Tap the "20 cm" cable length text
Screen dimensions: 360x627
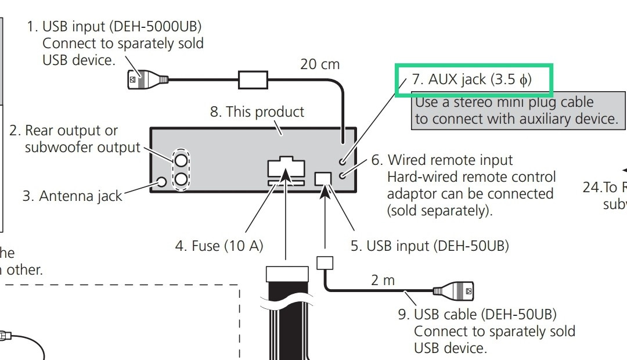click(319, 64)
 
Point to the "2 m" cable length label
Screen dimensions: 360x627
click(383, 280)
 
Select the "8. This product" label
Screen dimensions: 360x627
click(257, 111)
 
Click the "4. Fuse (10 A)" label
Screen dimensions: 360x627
click(219, 246)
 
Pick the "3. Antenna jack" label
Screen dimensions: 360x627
click(72, 196)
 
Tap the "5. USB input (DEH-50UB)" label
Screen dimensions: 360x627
click(430, 246)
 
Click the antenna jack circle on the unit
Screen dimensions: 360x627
click(162, 182)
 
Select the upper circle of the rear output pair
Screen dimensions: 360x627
click(182, 158)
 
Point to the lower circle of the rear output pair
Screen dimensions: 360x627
click(182, 179)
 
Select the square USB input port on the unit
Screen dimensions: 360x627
click(323, 179)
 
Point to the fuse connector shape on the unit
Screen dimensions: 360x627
click(286, 169)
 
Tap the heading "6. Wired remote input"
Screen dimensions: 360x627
click(450, 160)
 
